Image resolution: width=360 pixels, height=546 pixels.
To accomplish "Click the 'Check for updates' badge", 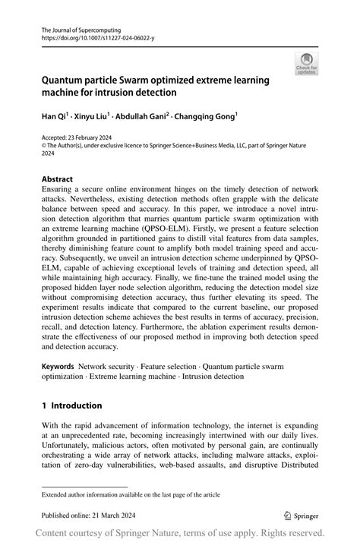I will coord(307,64).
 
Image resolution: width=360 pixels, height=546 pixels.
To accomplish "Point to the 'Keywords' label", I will coord(58,366).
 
